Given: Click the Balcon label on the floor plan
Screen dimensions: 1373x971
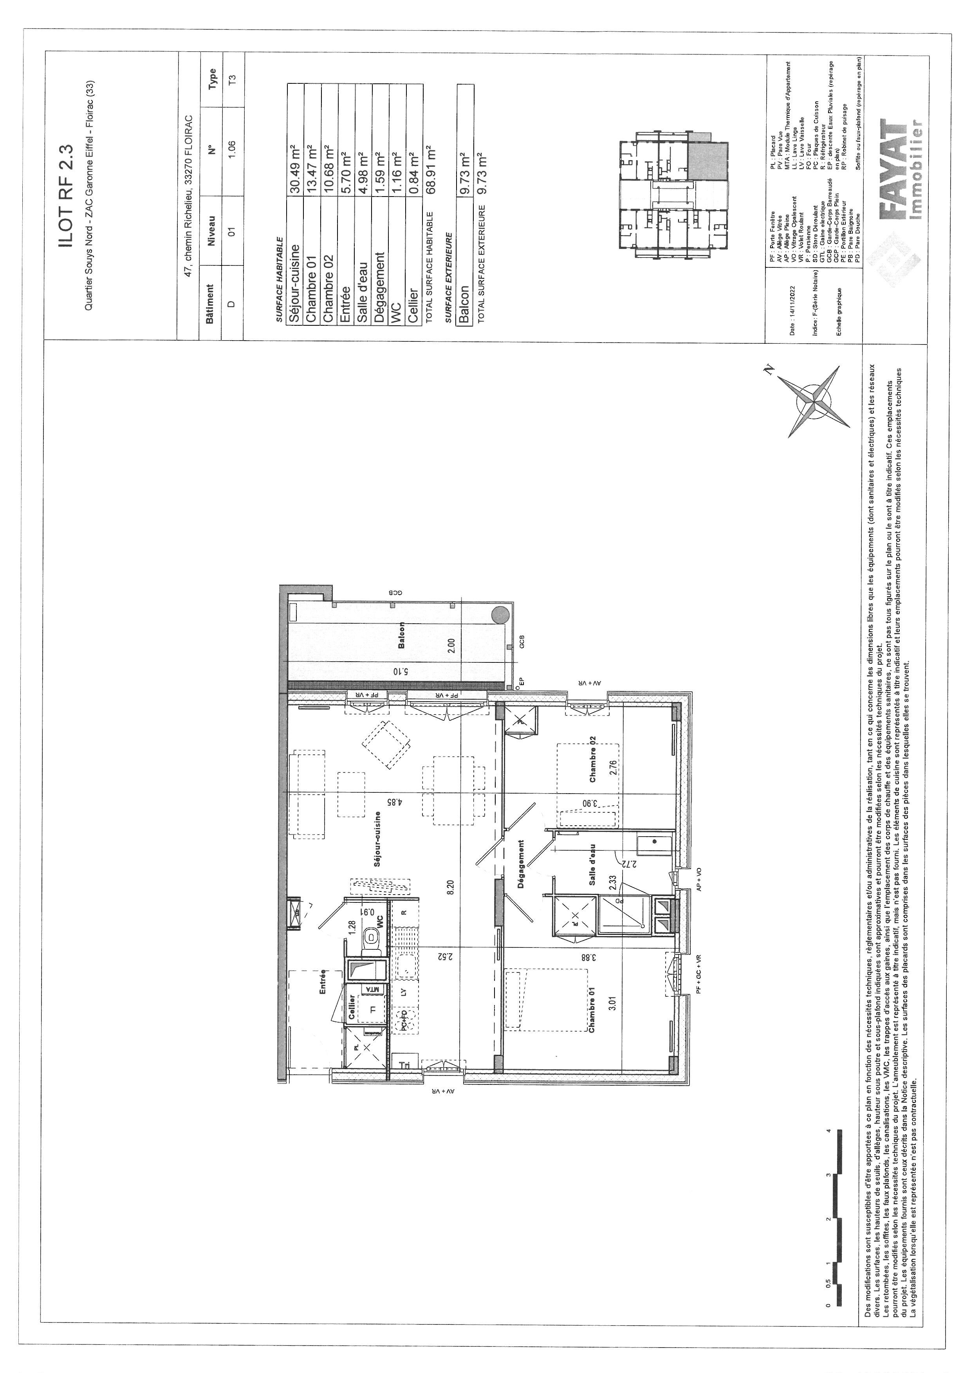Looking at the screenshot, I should pyautogui.click(x=401, y=635).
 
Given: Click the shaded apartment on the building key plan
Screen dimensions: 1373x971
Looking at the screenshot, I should pyautogui.click(x=709, y=161).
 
